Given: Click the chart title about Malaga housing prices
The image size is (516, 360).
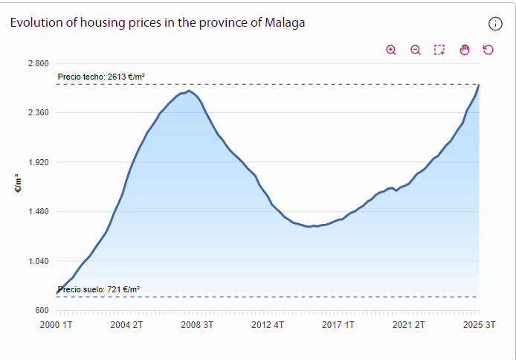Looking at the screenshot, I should pyautogui.click(x=158, y=22).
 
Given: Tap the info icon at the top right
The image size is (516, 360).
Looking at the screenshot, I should pyautogui.click(x=496, y=24).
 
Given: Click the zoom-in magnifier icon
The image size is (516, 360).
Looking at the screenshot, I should pyautogui.click(x=391, y=50).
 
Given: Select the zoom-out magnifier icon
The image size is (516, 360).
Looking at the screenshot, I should pyautogui.click(x=416, y=50).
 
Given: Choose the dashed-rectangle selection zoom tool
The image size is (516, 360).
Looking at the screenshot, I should pyautogui.click(x=439, y=50).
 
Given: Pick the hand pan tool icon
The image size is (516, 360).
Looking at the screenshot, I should pyautogui.click(x=465, y=50).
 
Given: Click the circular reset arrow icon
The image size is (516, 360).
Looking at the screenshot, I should pyautogui.click(x=488, y=50).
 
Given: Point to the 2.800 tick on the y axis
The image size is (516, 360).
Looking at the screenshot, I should pyautogui.click(x=37, y=63).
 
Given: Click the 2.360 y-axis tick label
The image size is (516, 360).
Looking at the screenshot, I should pyautogui.click(x=37, y=112).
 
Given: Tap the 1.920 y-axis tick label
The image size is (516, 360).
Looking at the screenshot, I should pyautogui.click(x=37, y=162).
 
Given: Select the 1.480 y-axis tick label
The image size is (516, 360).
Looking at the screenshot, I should pyautogui.click(x=37, y=211).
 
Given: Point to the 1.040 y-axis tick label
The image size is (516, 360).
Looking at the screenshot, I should pyautogui.click(x=37, y=261).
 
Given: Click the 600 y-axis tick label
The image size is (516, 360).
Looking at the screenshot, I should pyautogui.click(x=42, y=310).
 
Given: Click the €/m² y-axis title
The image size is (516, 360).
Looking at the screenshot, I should pyautogui.click(x=18, y=183).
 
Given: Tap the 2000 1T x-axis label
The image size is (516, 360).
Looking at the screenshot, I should pyautogui.click(x=57, y=325).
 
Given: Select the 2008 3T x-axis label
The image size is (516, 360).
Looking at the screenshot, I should pyautogui.click(x=198, y=325).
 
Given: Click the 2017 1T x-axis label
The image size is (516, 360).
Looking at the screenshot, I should pyautogui.click(x=339, y=325).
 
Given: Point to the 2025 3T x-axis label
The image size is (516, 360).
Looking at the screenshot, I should pyautogui.click(x=480, y=325).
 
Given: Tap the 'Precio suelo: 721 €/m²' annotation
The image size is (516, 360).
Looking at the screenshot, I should pyautogui.click(x=98, y=289).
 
